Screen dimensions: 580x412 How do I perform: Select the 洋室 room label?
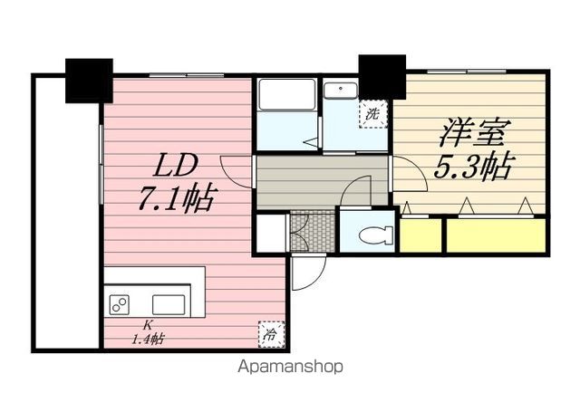tap(475, 132)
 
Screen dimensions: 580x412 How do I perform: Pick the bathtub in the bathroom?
tap(287, 94)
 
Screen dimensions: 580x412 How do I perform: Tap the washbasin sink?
tap(341, 91)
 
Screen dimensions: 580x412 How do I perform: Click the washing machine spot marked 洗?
tap(372, 114)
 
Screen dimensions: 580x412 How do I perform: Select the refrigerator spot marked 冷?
tap(271, 335)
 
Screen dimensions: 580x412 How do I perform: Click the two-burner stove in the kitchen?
tap(119, 305)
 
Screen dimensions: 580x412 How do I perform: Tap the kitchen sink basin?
tap(169, 304)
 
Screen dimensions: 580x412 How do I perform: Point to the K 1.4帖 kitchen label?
tap(148, 332)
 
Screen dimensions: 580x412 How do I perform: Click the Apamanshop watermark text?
tap(290, 367)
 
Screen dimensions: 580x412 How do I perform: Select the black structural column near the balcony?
tap(89, 81)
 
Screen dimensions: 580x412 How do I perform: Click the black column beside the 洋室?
tap(382, 77)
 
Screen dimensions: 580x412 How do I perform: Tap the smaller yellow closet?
tap(420, 235)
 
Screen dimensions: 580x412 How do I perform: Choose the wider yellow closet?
tap(497, 235)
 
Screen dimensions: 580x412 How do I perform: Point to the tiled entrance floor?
tap(313, 231)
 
